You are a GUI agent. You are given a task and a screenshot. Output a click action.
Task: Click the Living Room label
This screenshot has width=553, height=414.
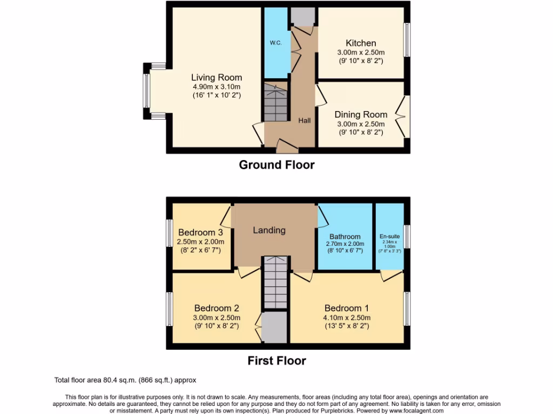(x=217, y=78)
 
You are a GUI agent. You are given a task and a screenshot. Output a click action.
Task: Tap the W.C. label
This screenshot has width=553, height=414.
(x=276, y=43)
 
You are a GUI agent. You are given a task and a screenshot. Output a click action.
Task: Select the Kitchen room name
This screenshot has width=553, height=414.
(x=361, y=43)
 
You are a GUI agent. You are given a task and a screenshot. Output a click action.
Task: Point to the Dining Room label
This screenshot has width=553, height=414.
(x=361, y=114)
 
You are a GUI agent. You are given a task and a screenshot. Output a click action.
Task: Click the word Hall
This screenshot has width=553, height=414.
(x=305, y=121)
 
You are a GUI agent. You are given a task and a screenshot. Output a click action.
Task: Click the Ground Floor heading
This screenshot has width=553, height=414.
(x=276, y=165)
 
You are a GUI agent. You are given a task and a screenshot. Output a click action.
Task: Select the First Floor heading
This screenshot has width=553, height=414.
(x=276, y=361)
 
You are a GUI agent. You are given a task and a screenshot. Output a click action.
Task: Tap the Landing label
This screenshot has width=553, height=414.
(x=269, y=230)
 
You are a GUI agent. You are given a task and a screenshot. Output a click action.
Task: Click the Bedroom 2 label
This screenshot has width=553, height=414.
(x=217, y=308)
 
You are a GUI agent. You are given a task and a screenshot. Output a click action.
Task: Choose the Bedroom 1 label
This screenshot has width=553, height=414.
(x=346, y=308)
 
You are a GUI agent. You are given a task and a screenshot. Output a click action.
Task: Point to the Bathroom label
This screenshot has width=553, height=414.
(x=345, y=237)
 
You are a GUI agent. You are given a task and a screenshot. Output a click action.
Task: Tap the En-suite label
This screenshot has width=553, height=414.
(x=389, y=236)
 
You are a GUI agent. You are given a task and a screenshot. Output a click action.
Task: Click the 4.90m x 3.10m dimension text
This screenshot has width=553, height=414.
(x=217, y=87)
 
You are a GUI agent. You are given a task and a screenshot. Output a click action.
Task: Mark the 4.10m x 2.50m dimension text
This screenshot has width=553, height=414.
(x=346, y=318)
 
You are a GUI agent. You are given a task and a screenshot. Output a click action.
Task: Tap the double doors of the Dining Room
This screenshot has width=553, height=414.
(x=401, y=114)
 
